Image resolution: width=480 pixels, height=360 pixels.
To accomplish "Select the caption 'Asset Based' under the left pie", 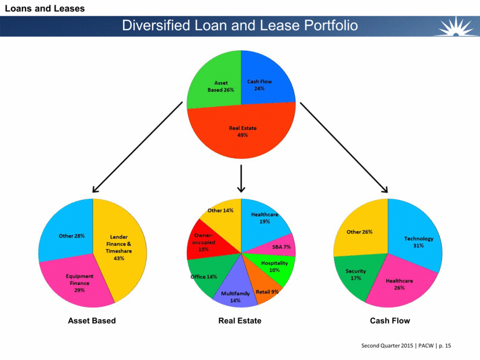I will (x=93, y=321).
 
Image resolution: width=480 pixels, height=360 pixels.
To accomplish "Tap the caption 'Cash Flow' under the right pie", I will (x=390, y=321).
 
